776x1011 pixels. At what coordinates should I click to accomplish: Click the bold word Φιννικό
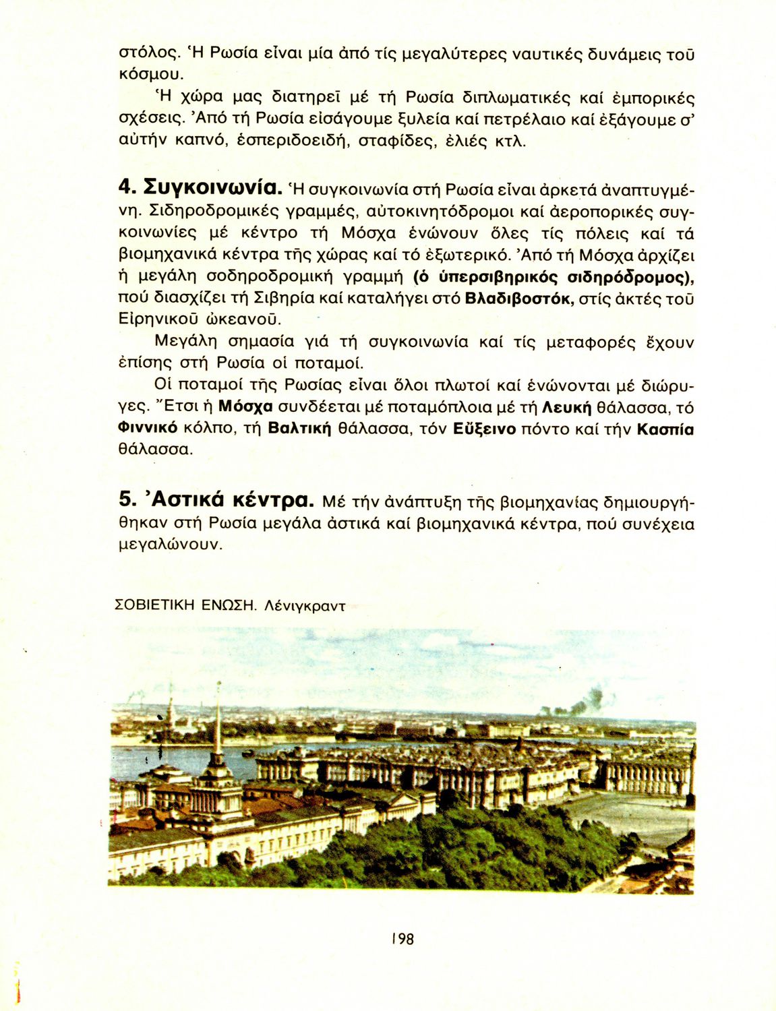point(148,429)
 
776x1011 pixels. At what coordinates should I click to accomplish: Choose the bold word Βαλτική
point(300,429)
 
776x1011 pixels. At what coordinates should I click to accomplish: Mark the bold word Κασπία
point(665,429)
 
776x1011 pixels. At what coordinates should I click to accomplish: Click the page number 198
point(402,938)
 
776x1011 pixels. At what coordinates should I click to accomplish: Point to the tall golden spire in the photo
point(218,721)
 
